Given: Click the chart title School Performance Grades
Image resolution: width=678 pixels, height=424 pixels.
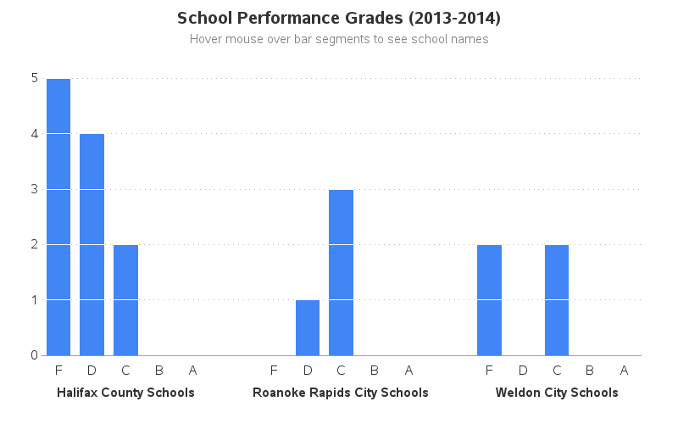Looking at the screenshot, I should pyautogui.click(x=339, y=18).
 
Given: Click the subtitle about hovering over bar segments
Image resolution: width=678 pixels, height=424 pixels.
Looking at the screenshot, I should pyautogui.click(x=339, y=39).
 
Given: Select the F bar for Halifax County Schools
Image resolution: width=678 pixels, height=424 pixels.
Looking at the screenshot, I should pyautogui.click(x=58, y=217).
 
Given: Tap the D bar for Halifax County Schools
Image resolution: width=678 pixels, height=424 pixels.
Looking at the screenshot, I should pyautogui.click(x=92, y=244).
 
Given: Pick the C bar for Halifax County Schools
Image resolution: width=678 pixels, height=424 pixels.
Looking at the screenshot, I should pyautogui.click(x=125, y=299).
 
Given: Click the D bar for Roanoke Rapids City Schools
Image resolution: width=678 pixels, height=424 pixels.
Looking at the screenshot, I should pyautogui.click(x=308, y=327).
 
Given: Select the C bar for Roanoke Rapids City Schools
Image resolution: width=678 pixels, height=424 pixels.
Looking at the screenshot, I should pyautogui.click(x=341, y=272).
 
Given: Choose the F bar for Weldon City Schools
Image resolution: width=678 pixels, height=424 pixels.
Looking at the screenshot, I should pyautogui.click(x=489, y=299).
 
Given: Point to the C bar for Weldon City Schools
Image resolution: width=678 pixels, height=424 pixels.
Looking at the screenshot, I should pyautogui.click(x=557, y=299).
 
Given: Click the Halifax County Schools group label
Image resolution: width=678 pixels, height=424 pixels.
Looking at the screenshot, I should pyautogui.click(x=125, y=393).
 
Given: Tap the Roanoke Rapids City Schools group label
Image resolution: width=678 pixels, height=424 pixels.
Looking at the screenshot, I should pyautogui.click(x=341, y=393).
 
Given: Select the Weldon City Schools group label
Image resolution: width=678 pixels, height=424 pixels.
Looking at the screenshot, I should pyautogui.click(x=557, y=393).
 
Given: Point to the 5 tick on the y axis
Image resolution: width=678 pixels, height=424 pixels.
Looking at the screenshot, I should pyautogui.click(x=34, y=78).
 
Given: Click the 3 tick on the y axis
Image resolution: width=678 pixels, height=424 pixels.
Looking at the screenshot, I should pyautogui.click(x=34, y=189).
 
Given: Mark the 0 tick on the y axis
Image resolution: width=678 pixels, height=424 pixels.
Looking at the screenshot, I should pyautogui.click(x=34, y=355).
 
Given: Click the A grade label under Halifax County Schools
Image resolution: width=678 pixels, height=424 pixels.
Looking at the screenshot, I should pyautogui.click(x=192, y=370).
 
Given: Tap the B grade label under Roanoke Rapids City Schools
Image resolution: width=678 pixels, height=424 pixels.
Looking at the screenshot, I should pyautogui.click(x=375, y=370).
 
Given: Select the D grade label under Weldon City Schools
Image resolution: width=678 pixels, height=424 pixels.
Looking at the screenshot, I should pyautogui.click(x=523, y=370).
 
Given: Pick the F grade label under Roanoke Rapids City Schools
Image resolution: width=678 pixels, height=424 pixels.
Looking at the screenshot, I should pyautogui.click(x=274, y=370).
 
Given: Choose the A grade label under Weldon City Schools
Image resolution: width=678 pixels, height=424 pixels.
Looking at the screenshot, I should pyautogui.click(x=624, y=370).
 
